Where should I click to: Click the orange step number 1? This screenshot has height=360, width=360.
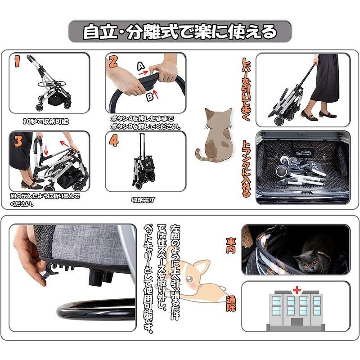coord(18,61)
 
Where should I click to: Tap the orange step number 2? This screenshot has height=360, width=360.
coord(113,62)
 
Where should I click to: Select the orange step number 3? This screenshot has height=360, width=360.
coord(18,141)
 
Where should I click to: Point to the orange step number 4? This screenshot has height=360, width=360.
coord(114,141)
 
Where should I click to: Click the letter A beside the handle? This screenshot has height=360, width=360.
coord(141,66)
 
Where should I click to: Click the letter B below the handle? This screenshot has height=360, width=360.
coord(150,97)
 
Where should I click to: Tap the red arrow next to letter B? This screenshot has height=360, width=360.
coord(156,94)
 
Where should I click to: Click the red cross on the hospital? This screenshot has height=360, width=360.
coord(297,290)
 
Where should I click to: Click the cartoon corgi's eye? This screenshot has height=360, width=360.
coord(189,279)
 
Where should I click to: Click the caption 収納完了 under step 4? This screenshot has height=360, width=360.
coord(144,200)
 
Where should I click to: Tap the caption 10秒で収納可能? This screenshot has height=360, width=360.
coord(46,121)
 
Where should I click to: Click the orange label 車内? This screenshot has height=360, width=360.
coord(231,245)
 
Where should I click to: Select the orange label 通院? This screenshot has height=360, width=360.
coord(231,303)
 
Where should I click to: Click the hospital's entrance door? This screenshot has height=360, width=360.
coord(297,322)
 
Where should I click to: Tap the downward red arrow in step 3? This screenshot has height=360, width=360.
coord(46,150)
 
